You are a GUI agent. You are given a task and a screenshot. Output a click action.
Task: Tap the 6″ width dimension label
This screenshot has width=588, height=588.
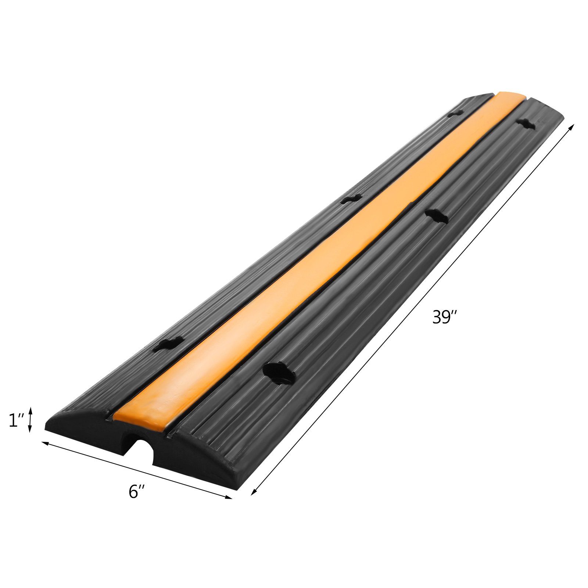click(137, 492)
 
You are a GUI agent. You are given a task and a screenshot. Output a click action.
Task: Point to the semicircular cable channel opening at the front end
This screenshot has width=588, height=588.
click(140, 452)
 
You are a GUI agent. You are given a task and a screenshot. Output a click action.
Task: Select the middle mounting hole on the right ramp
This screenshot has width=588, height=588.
click(436, 216)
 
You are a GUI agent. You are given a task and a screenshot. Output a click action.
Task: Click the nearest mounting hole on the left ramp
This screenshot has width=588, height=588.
click(168, 344)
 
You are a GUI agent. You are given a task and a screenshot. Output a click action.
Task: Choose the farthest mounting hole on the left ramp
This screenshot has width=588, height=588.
click(456, 114)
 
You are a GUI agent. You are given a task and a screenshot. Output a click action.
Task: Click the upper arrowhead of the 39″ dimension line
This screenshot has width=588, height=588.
click(571, 126)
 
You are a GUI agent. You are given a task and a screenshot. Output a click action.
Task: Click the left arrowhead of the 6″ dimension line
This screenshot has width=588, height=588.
click(44, 444)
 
